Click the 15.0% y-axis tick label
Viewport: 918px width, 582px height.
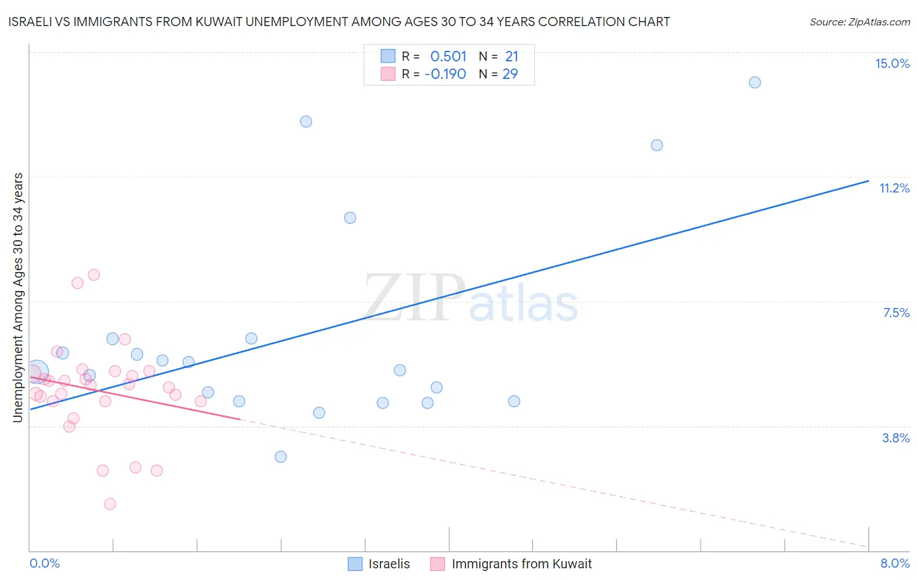coord(892,63)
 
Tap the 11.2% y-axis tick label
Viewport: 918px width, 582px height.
coord(894,188)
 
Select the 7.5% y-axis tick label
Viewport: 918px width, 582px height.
coord(896,313)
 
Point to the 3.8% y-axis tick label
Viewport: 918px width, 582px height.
coord(896,438)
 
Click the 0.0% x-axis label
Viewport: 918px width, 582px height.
coord(44,563)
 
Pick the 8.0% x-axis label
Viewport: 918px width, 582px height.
coord(894,563)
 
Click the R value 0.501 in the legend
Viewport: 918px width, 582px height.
coord(448,57)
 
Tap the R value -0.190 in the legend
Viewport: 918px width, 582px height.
coord(445,74)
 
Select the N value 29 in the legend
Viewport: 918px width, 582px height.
coord(510,74)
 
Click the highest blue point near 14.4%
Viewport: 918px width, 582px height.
coord(755,82)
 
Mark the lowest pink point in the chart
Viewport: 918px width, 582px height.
coord(110,504)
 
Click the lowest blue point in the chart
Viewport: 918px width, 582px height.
coord(281,457)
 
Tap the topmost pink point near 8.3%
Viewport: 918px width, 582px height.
coord(94,275)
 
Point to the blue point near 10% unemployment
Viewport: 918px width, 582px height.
coord(350,218)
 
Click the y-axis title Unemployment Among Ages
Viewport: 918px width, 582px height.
coord(18,297)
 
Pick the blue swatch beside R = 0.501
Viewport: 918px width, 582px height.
coord(388,56)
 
